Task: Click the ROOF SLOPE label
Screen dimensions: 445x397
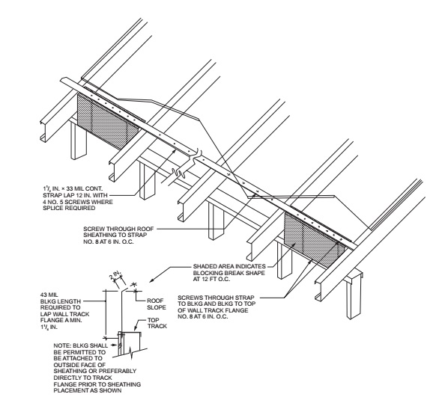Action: (x=156, y=304)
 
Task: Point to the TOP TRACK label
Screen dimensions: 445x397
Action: (x=157, y=323)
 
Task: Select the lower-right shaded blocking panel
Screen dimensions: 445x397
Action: (x=315, y=241)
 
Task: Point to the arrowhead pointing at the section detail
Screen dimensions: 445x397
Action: (x=151, y=280)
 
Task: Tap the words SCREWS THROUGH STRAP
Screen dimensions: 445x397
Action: (x=216, y=298)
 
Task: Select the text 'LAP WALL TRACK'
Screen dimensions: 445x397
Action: (x=64, y=314)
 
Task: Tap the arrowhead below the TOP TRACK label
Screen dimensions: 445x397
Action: (x=136, y=329)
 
